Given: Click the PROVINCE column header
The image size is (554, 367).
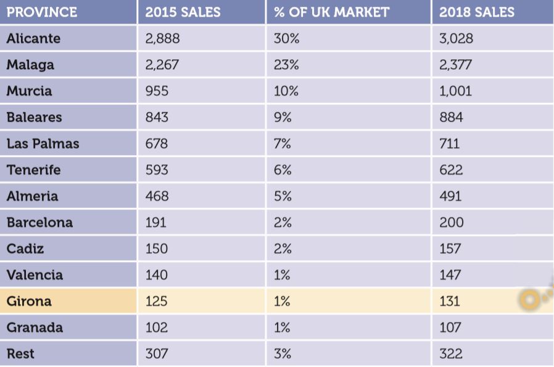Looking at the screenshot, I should click(42, 12).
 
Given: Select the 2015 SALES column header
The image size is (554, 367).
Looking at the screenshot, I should click(183, 12).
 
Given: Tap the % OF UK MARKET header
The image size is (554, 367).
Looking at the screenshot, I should click(331, 12).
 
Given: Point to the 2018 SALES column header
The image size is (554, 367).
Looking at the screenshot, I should click(477, 12).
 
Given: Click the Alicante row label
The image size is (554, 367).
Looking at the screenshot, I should click(33, 38).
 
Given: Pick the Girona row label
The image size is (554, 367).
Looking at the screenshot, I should click(29, 302).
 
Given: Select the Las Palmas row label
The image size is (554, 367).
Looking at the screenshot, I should click(43, 144).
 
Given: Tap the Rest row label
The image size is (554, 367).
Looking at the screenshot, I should click(20, 354).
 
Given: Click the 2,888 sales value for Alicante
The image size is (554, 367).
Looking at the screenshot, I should click(163, 38).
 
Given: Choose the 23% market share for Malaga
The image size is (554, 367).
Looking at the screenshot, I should click(286, 65).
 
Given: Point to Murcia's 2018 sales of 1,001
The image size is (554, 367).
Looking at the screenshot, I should click(455, 91).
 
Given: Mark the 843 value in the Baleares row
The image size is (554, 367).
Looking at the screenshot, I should click(157, 117).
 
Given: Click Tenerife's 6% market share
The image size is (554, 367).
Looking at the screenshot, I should click(283, 170).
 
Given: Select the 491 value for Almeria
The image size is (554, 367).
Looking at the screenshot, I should click(450, 196).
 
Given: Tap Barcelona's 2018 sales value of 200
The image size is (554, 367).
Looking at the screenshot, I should click(452, 222).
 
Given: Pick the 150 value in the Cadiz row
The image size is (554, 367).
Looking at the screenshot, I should click(156, 249).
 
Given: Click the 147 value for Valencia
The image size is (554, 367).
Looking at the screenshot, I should click(450, 275).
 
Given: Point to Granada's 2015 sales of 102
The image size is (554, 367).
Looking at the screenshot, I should click(157, 327).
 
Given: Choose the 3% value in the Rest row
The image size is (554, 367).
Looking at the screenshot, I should click(283, 354).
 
